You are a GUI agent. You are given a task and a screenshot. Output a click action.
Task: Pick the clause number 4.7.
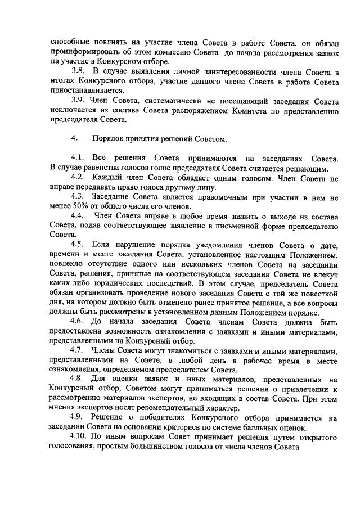tap(78, 349)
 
